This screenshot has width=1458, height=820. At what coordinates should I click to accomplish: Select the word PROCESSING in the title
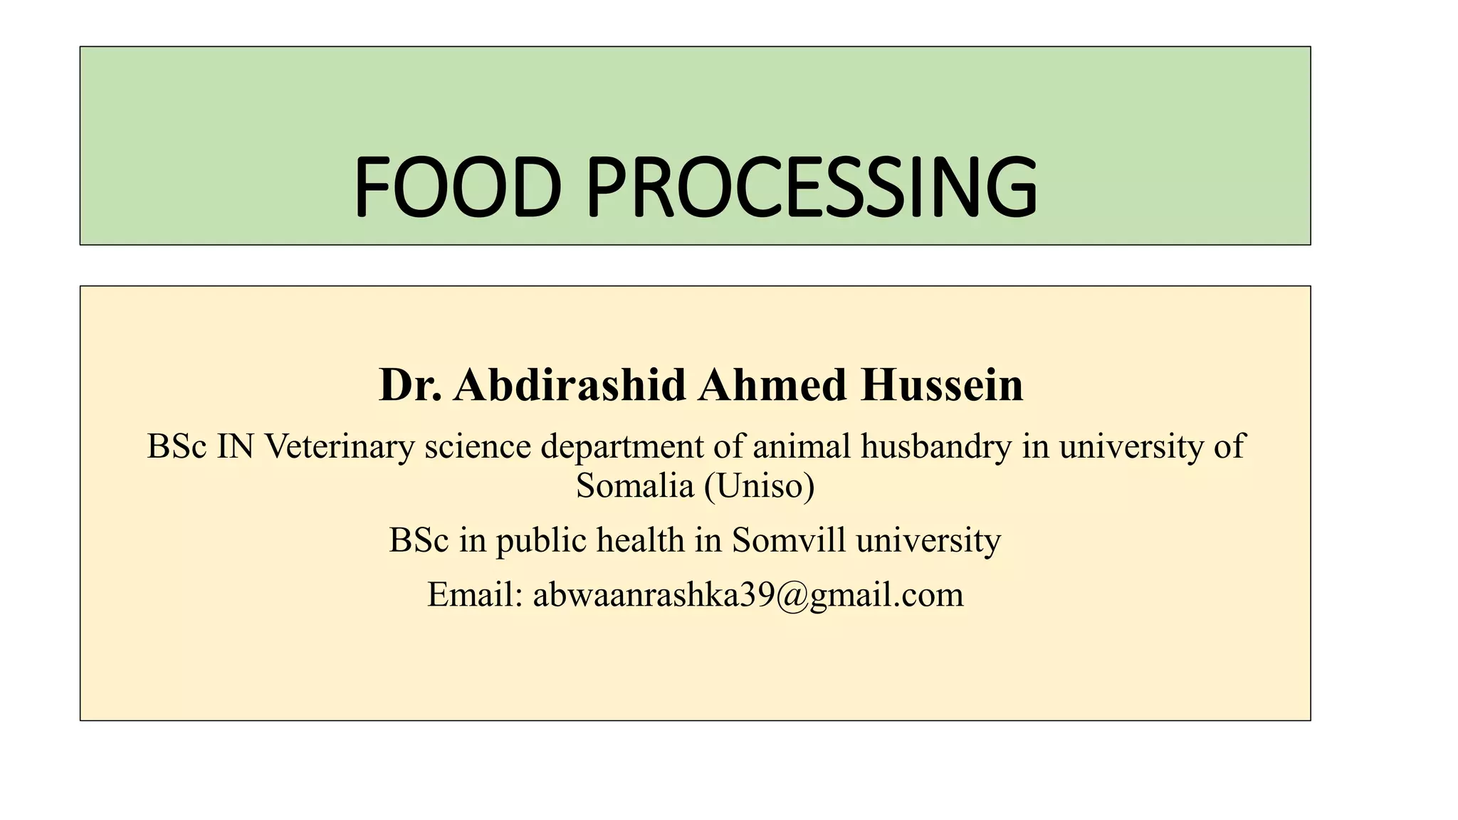click(x=812, y=186)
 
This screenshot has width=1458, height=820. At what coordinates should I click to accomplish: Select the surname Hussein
click(x=942, y=385)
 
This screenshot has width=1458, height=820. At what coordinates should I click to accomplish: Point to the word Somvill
click(x=790, y=540)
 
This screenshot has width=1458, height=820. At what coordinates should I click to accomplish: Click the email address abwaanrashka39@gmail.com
click(x=748, y=595)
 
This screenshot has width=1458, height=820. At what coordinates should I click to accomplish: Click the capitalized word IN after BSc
click(x=235, y=447)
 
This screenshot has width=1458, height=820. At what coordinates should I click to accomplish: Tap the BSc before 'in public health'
click(x=419, y=540)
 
